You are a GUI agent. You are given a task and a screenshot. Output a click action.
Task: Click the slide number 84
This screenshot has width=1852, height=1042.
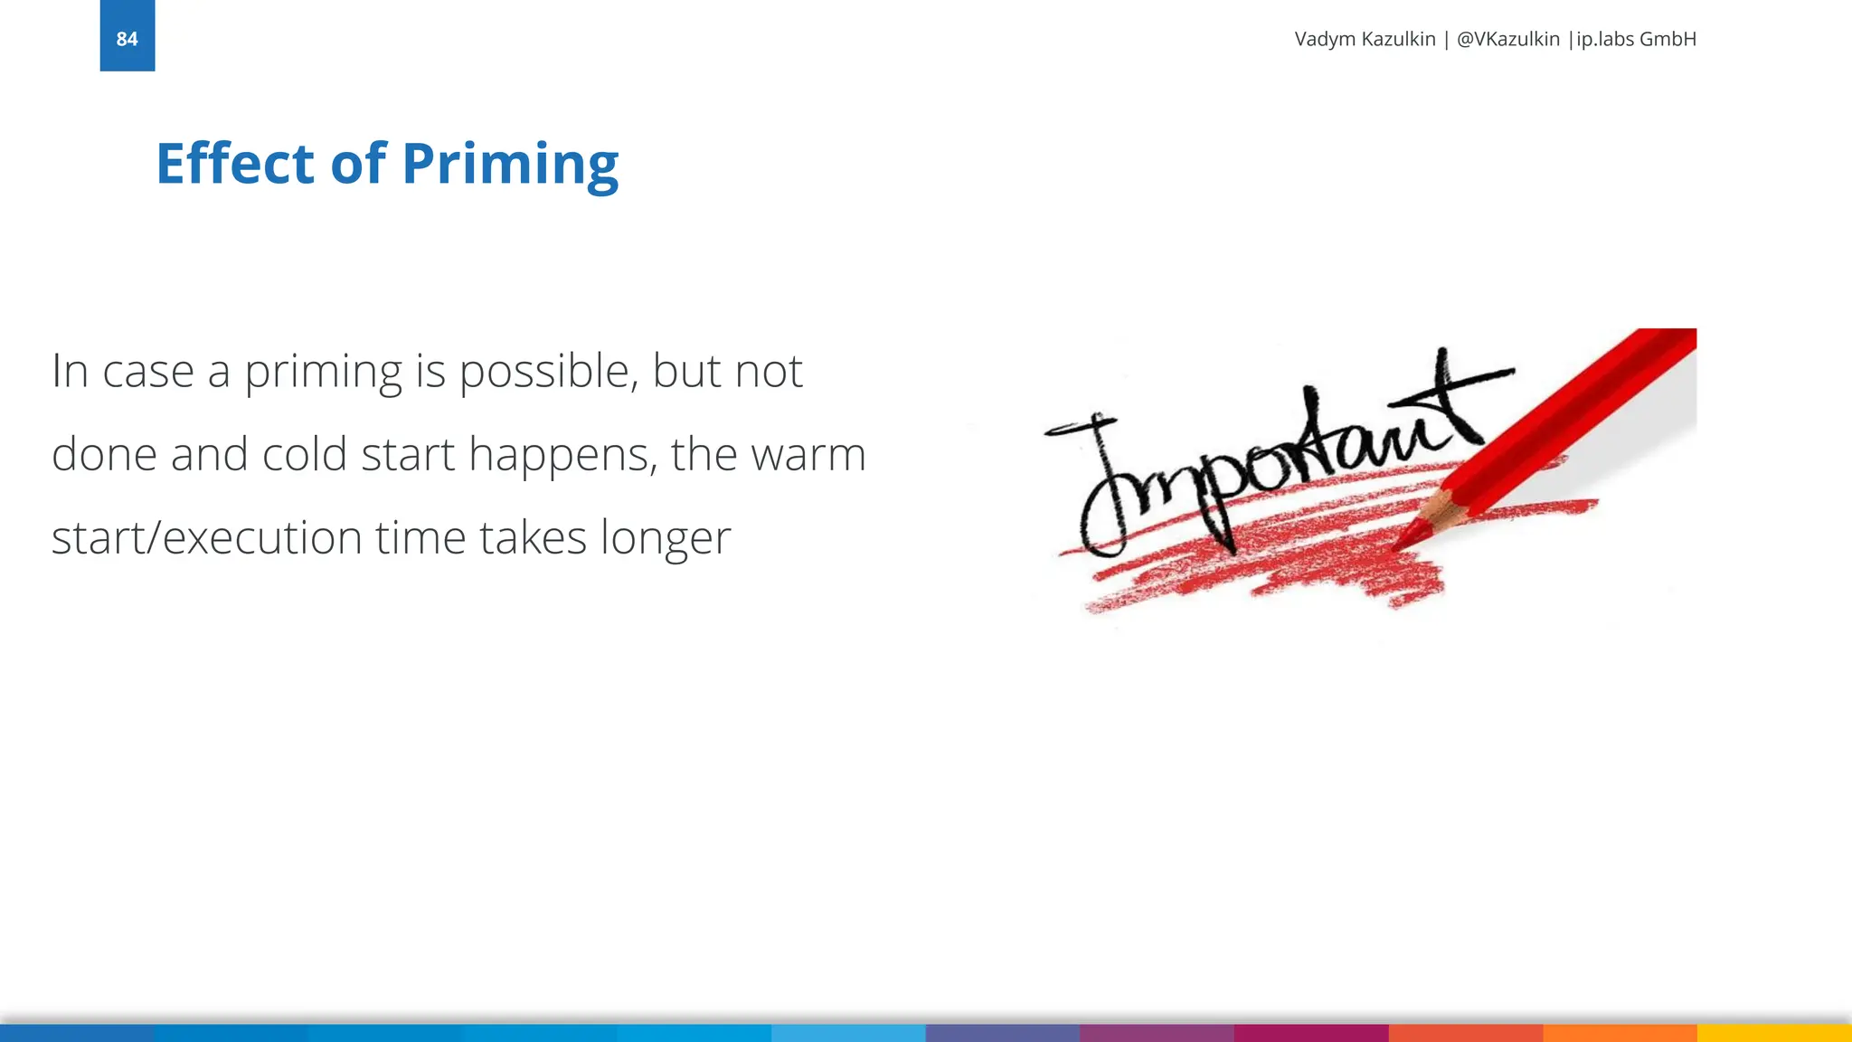coord(127,39)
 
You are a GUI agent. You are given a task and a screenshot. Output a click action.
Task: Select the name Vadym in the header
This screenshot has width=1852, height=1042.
coord(1326,39)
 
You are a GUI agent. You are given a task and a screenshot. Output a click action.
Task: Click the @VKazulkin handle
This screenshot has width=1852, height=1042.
coord(1507,39)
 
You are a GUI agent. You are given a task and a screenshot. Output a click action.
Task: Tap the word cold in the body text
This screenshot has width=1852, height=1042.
coord(304,454)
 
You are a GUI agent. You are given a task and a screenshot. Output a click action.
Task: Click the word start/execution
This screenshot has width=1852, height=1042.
coord(206,537)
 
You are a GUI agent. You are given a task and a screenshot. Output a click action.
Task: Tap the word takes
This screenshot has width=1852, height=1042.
coord(533,537)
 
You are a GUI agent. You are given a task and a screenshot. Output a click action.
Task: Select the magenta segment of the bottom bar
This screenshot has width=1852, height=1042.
coord(1310,1033)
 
